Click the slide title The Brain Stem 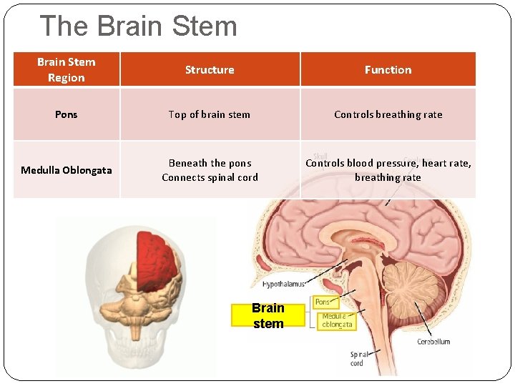[x=139, y=26]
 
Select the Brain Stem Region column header [x=66, y=70]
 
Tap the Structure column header [x=210, y=70]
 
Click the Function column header [x=388, y=70]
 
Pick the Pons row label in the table [x=66, y=114]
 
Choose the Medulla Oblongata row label [x=66, y=170]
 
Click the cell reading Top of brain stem [x=210, y=114]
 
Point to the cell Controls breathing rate [x=388, y=114]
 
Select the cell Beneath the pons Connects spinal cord [x=210, y=170]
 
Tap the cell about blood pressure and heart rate [x=388, y=170]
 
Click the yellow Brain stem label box [x=268, y=315]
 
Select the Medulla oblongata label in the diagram [x=336, y=320]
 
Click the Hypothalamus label [x=284, y=284]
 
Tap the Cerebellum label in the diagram [x=433, y=342]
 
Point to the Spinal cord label [x=357, y=358]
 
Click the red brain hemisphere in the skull [x=159, y=256]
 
